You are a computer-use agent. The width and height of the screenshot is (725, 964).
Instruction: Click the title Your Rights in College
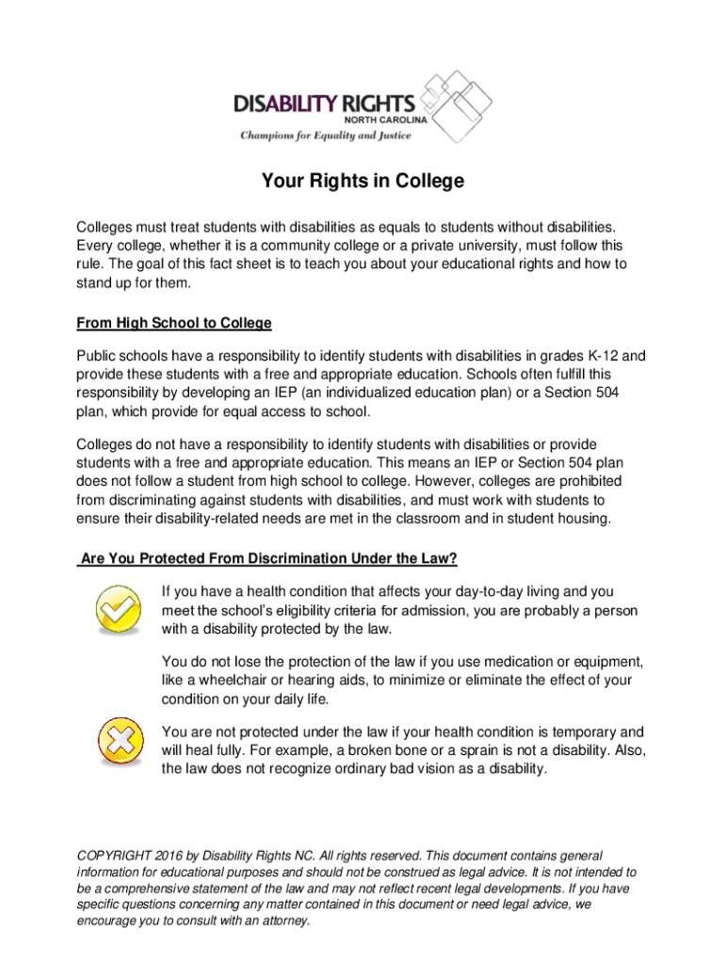[x=362, y=181]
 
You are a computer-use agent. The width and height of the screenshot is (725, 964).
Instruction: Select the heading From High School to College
[x=173, y=323]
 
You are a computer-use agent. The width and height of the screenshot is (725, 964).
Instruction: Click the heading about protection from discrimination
[x=268, y=559]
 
